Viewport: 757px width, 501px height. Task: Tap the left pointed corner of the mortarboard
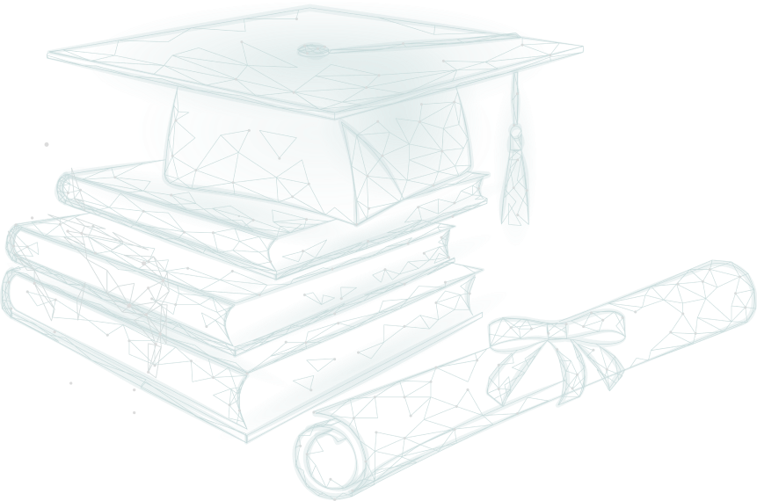[x=55, y=53]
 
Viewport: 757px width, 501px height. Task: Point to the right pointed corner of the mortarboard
[x=576, y=48]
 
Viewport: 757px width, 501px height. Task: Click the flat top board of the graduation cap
[x=308, y=53]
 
